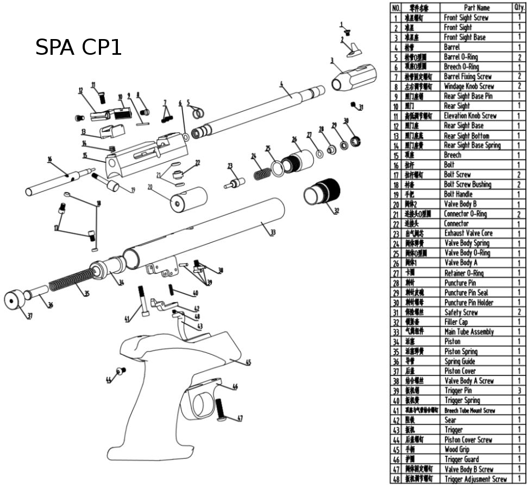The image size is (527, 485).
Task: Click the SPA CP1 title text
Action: point(79,48)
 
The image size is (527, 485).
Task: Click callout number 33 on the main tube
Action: point(272,232)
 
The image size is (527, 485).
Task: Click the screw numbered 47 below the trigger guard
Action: point(221,410)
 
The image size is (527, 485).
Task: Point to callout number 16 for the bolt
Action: point(49,159)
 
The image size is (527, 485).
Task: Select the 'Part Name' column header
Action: point(476,8)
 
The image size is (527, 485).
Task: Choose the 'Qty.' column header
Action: point(519,8)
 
